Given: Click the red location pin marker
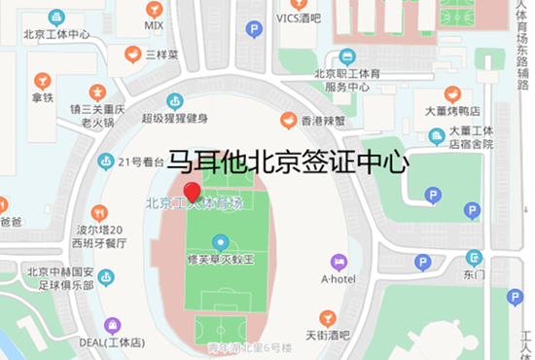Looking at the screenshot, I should [193, 192].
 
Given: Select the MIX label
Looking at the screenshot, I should [154, 25].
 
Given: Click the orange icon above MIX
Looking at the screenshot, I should [154, 9].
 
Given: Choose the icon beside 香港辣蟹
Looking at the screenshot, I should [288, 120].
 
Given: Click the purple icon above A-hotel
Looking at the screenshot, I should [339, 261].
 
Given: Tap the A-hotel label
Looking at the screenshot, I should [339, 278].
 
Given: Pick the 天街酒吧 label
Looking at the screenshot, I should [328, 335].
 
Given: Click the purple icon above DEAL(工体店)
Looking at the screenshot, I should [113, 325].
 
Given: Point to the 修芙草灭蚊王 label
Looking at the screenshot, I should [221, 260].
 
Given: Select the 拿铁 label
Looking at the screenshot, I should [41, 97].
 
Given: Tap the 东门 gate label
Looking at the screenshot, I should [474, 274].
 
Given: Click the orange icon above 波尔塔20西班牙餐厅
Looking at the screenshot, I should [98, 212].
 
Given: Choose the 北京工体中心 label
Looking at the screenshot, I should [56, 35].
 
